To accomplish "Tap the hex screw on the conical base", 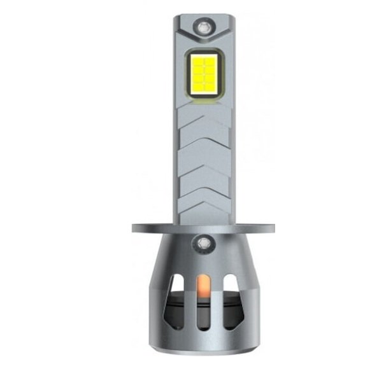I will coord(204,242).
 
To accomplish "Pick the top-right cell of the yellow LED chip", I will coord(210,60).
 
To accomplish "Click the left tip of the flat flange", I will coord(136,228).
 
